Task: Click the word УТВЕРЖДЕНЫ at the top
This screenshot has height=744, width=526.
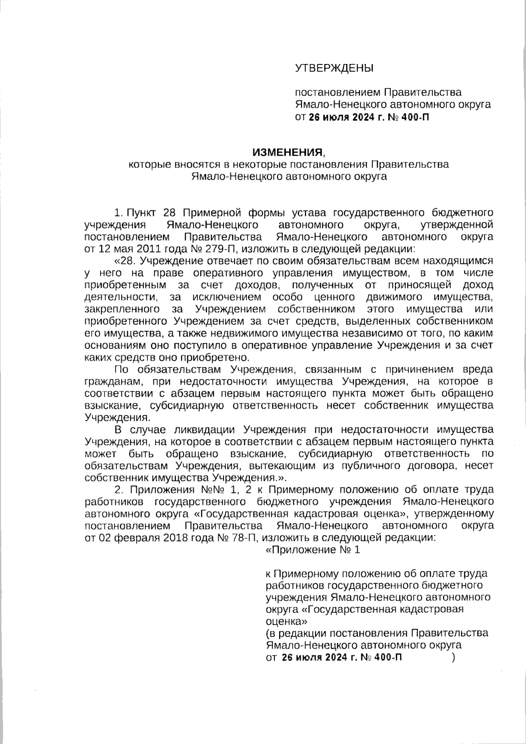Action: click(334, 68)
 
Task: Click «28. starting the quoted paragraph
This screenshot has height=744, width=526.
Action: click(125, 261)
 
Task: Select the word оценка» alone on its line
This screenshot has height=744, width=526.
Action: click(286, 621)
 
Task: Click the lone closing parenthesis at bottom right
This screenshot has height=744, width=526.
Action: click(453, 657)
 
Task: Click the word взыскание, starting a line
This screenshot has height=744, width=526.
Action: click(110, 405)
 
